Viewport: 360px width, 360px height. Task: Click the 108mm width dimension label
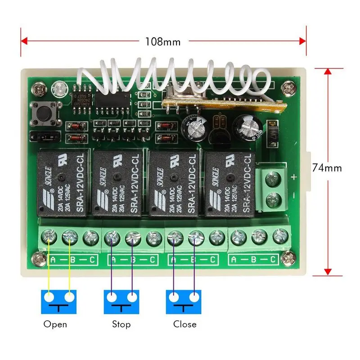tap(162, 42)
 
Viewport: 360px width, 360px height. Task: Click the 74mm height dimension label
tap(327, 168)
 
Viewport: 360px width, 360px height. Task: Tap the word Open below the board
tap(55, 324)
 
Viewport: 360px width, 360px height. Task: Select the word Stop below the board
tap(121, 324)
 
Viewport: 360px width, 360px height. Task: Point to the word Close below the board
tap(185, 324)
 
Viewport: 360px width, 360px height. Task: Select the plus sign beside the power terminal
tap(294, 176)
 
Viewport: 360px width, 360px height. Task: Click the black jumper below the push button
tap(44, 135)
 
